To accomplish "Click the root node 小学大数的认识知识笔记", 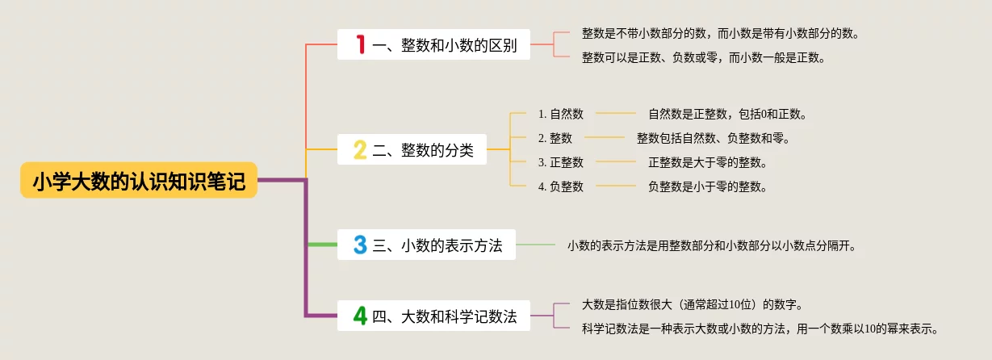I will pyautogui.click(x=139, y=182).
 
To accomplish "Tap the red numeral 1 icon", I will pyautogui.click(x=361, y=44).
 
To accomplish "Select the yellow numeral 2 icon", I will pyautogui.click(x=360, y=149).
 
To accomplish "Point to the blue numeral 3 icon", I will pyautogui.click(x=360, y=245).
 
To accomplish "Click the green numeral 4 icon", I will pyautogui.click(x=360, y=316).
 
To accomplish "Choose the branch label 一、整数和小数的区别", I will pyautogui.click(x=445, y=44).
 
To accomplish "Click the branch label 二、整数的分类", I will pyautogui.click(x=423, y=149).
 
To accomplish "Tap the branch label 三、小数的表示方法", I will pyautogui.click(x=437, y=245).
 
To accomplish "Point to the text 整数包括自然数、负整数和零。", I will pyautogui.click(x=714, y=138).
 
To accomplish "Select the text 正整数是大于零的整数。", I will pyautogui.click(x=708, y=162).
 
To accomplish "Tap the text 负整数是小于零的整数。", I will pyautogui.click(x=708, y=186).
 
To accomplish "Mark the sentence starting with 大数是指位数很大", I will pyautogui.click(x=693, y=304).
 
